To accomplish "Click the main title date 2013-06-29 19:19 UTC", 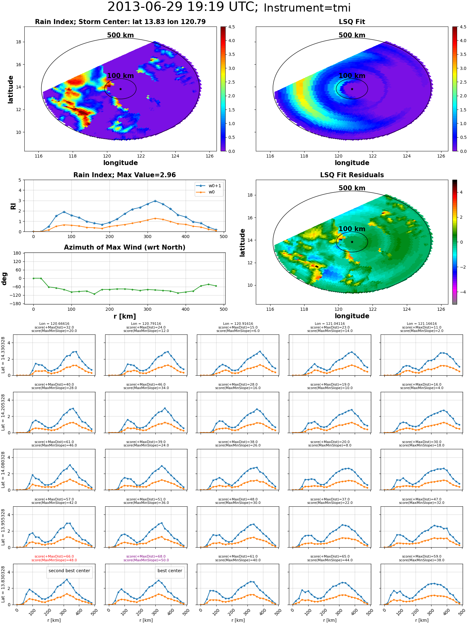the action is coord(183,7).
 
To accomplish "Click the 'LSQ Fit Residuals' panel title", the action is coord(352,175).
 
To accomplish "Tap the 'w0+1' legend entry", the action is coord(208,186).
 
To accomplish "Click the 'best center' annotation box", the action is coord(170,571).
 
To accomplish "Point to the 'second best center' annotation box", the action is coord(69,571).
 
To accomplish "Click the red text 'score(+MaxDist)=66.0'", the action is coord(54,557).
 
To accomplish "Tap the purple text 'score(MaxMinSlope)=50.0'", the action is coord(146,560).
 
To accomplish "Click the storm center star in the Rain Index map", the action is coord(120,89).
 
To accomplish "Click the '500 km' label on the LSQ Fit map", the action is coord(352,35).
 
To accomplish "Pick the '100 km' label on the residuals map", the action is coord(352,229).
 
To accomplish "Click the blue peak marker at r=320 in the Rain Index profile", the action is coord(155,201).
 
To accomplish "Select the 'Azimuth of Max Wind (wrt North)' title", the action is coord(124,247).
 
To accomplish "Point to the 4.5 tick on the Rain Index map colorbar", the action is coord(232,27).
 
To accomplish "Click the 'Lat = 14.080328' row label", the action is coord(3,470).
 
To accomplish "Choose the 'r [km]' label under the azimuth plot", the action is coord(125,316).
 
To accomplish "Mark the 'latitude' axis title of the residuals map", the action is coord(242,243).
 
